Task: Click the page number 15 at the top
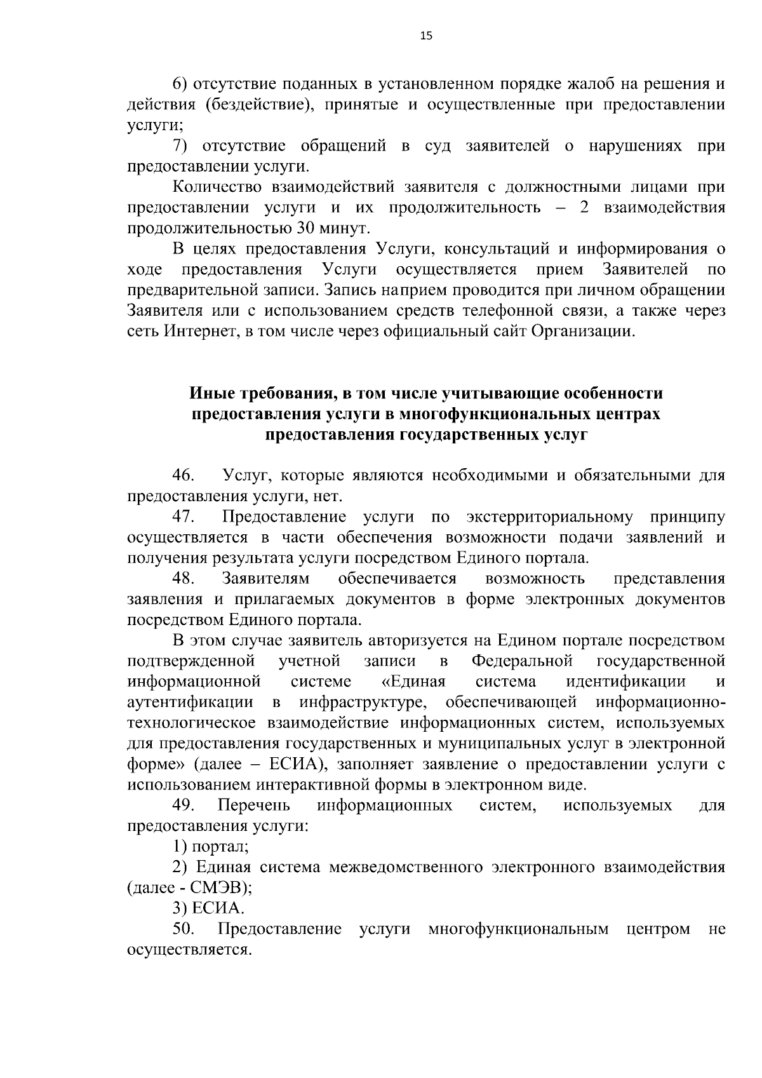(x=426, y=36)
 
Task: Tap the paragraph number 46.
(x=183, y=475)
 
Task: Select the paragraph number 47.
(x=183, y=516)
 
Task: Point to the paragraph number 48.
(x=183, y=578)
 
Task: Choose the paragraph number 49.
(x=183, y=805)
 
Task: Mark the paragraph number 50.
(x=183, y=929)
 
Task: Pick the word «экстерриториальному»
(x=549, y=516)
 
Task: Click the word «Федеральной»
(x=522, y=661)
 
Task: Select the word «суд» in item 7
(x=438, y=146)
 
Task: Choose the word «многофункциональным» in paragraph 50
(x=518, y=929)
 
